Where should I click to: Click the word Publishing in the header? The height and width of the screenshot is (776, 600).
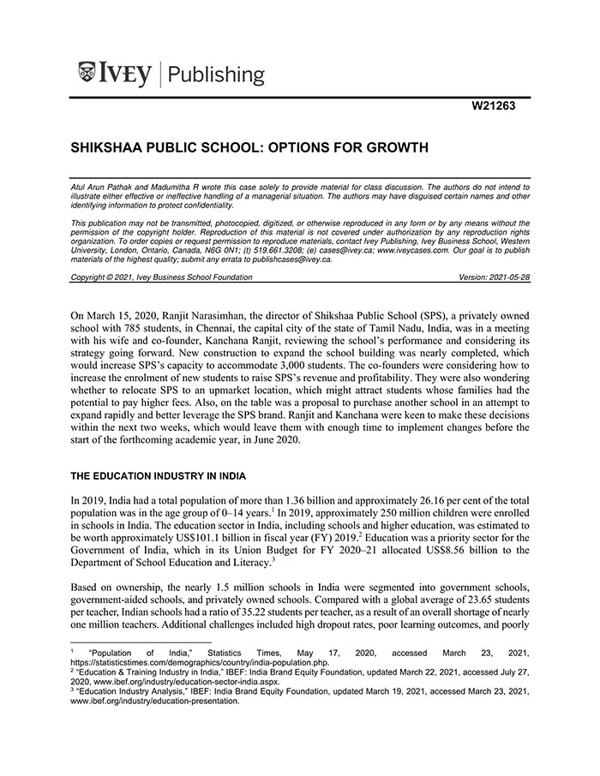218,75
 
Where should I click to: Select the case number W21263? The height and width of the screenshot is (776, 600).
495,108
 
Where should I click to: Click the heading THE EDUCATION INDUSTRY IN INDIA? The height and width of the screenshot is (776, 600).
159,476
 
